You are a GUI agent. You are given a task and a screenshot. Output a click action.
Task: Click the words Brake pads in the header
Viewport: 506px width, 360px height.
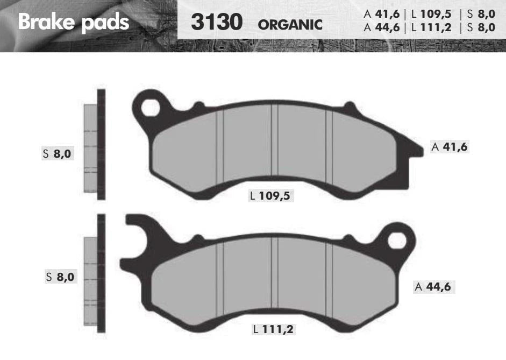74,22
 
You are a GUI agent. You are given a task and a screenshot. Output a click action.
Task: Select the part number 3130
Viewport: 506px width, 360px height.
217,22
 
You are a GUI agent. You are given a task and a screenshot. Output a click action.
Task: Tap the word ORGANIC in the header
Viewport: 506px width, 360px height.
290,25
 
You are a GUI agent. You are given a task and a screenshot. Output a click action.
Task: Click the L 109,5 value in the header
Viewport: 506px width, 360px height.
431,14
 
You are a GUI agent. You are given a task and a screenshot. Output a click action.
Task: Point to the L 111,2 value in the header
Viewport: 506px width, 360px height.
431,27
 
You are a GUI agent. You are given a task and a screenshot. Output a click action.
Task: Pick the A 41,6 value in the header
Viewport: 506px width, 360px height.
382,14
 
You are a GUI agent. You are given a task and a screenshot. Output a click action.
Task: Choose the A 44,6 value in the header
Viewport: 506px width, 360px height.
382,27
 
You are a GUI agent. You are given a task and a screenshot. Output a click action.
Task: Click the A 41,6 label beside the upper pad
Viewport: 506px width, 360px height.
450,147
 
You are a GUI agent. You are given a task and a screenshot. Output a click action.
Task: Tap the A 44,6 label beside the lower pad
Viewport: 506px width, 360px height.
434,287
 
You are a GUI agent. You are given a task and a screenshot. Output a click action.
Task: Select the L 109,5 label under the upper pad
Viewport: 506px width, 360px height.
270,196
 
